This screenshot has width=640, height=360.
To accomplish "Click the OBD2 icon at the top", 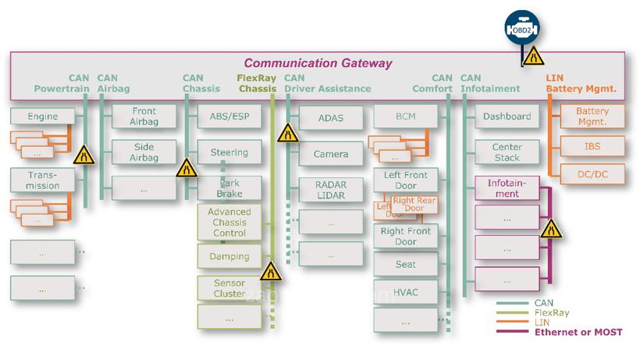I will (x=522, y=30).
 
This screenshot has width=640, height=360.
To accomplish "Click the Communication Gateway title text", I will (x=318, y=63).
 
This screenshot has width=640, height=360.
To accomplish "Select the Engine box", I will (x=43, y=116).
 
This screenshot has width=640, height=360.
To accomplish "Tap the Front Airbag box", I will (x=144, y=116).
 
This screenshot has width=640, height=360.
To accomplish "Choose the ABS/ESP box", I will (x=229, y=116).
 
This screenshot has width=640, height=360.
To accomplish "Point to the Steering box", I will (x=229, y=152).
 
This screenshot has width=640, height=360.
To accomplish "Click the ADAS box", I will (x=331, y=118).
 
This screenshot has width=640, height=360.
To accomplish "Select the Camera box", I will (x=331, y=154).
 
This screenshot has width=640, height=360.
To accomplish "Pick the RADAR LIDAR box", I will (x=331, y=189).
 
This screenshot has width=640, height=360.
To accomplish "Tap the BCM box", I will (x=406, y=116).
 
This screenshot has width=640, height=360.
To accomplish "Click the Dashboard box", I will (x=507, y=116).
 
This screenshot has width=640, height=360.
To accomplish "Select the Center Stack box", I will (x=507, y=152).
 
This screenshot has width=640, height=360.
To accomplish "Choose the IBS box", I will (x=592, y=145).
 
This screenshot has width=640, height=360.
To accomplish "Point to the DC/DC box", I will (x=592, y=174).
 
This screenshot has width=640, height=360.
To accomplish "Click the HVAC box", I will (x=406, y=291).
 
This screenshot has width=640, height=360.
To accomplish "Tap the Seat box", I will (x=406, y=264).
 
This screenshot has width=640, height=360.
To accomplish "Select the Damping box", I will (x=229, y=255).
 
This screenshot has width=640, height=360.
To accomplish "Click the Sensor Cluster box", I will (x=229, y=288).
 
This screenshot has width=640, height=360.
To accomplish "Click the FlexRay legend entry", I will (x=551, y=312).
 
